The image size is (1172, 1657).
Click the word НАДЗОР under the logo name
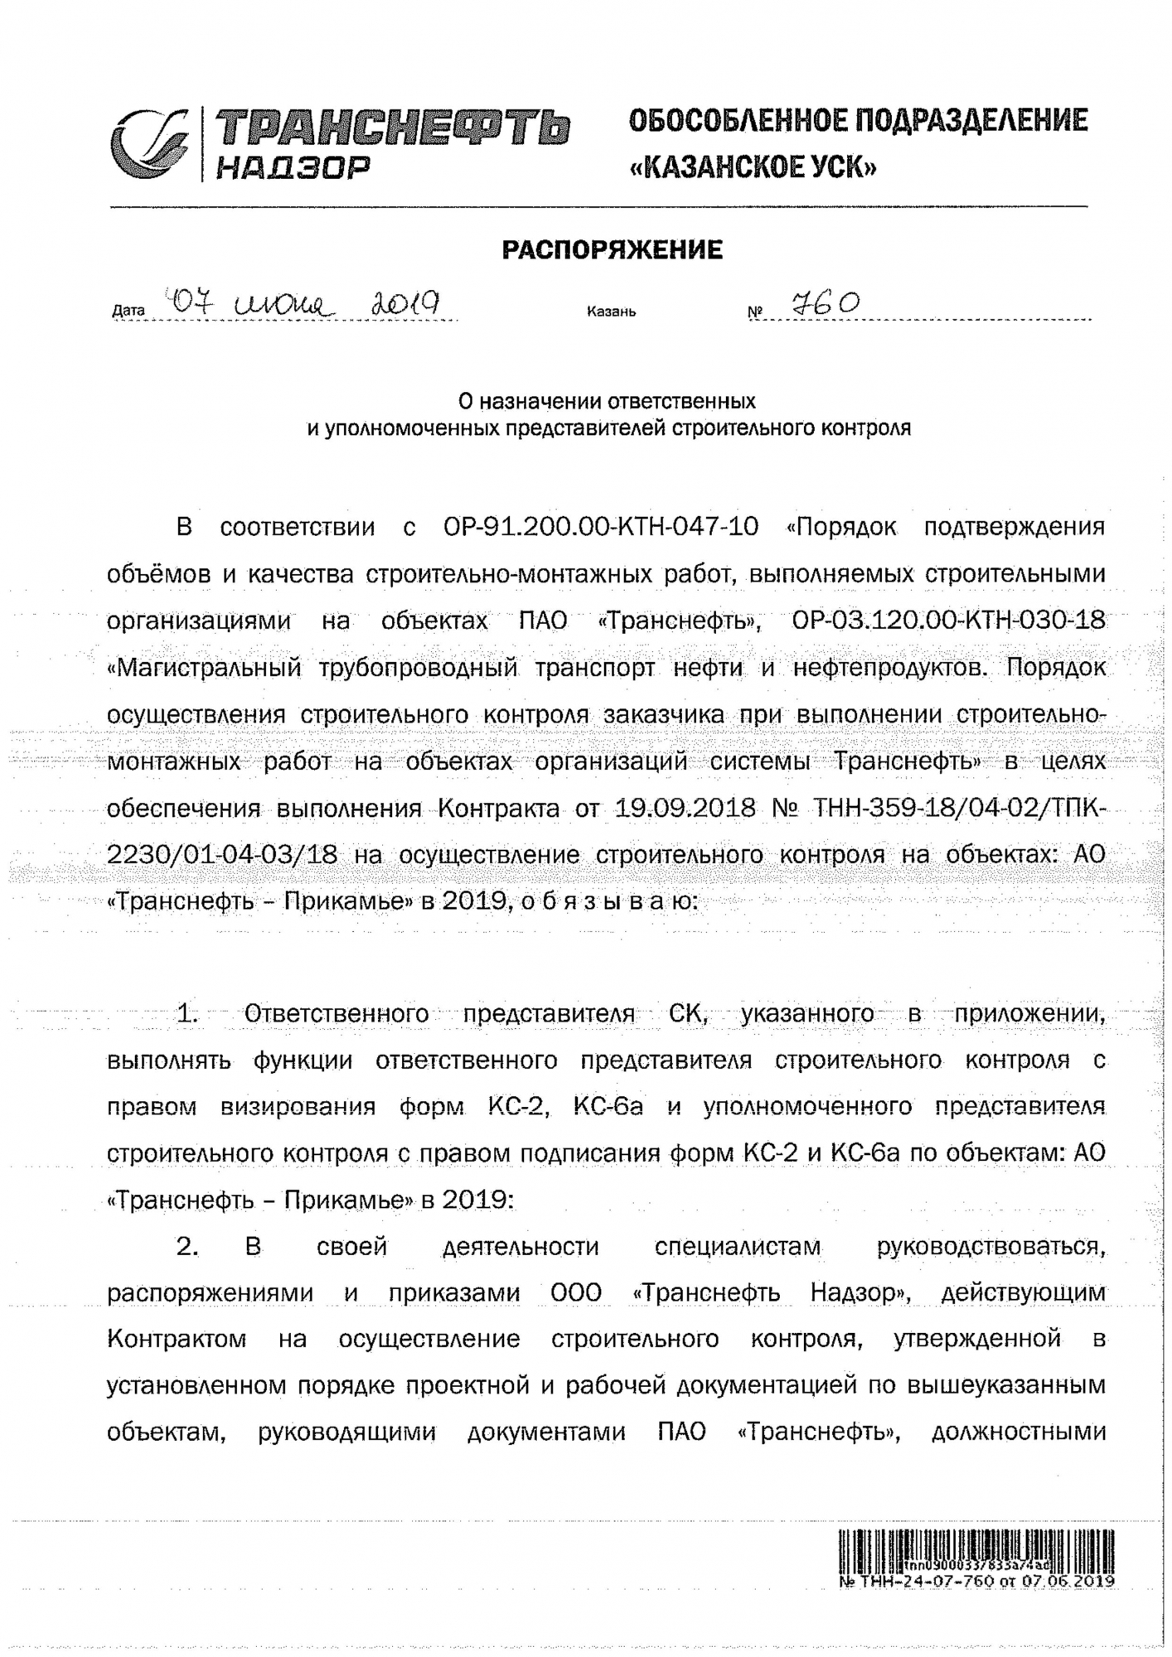[x=291, y=169]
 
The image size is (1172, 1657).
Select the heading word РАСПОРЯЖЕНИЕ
[x=612, y=249]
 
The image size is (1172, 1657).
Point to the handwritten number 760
[x=826, y=304]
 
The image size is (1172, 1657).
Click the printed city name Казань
[x=611, y=312]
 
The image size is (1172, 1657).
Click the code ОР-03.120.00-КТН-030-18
[x=948, y=621]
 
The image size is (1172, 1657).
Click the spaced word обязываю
[x=610, y=901]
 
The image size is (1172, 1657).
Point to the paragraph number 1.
[x=187, y=1013]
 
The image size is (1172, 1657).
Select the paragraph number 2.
[x=187, y=1246]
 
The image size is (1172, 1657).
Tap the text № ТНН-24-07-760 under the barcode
[x=916, y=1581]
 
